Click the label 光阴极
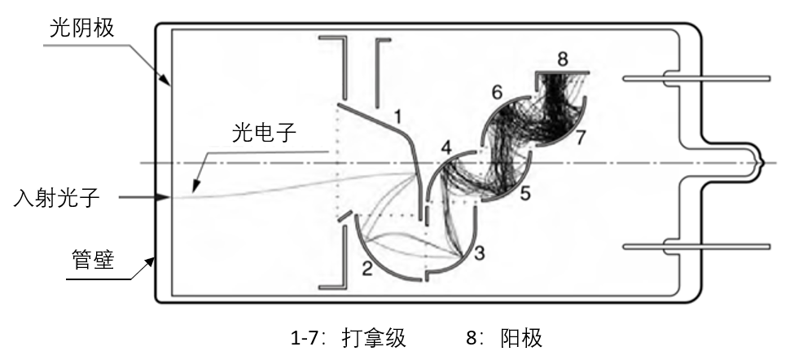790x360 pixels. pyautogui.click(x=81, y=29)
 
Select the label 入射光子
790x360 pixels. pyautogui.click(x=56, y=198)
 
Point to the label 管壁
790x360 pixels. pyautogui.click(x=93, y=260)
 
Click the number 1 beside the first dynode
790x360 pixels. pyautogui.click(x=397, y=117)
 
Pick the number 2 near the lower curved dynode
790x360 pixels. pyautogui.click(x=367, y=270)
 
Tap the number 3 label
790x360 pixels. pyautogui.click(x=479, y=253)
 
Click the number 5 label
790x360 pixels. pyautogui.click(x=525, y=194)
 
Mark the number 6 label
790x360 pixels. pyautogui.click(x=497, y=92)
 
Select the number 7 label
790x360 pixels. pyautogui.click(x=580, y=138)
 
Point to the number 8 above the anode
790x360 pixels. pyautogui.click(x=563, y=59)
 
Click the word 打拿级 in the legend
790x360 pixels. pyautogui.click(x=374, y=338)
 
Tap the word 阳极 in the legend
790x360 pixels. pyautogui.click(x=521, y=338)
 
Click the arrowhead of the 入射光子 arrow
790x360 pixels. pyautogui.click(x=163, y=198)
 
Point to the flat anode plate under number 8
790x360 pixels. pyautogui.click(x=562, y=72)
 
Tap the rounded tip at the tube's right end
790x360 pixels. pyautogui.click(x=761, y=163)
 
